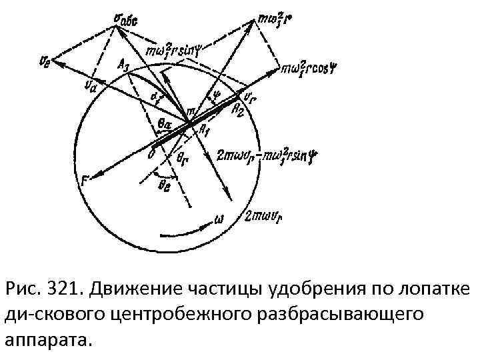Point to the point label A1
click(204, 131)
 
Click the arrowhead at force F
click(89, 177)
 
